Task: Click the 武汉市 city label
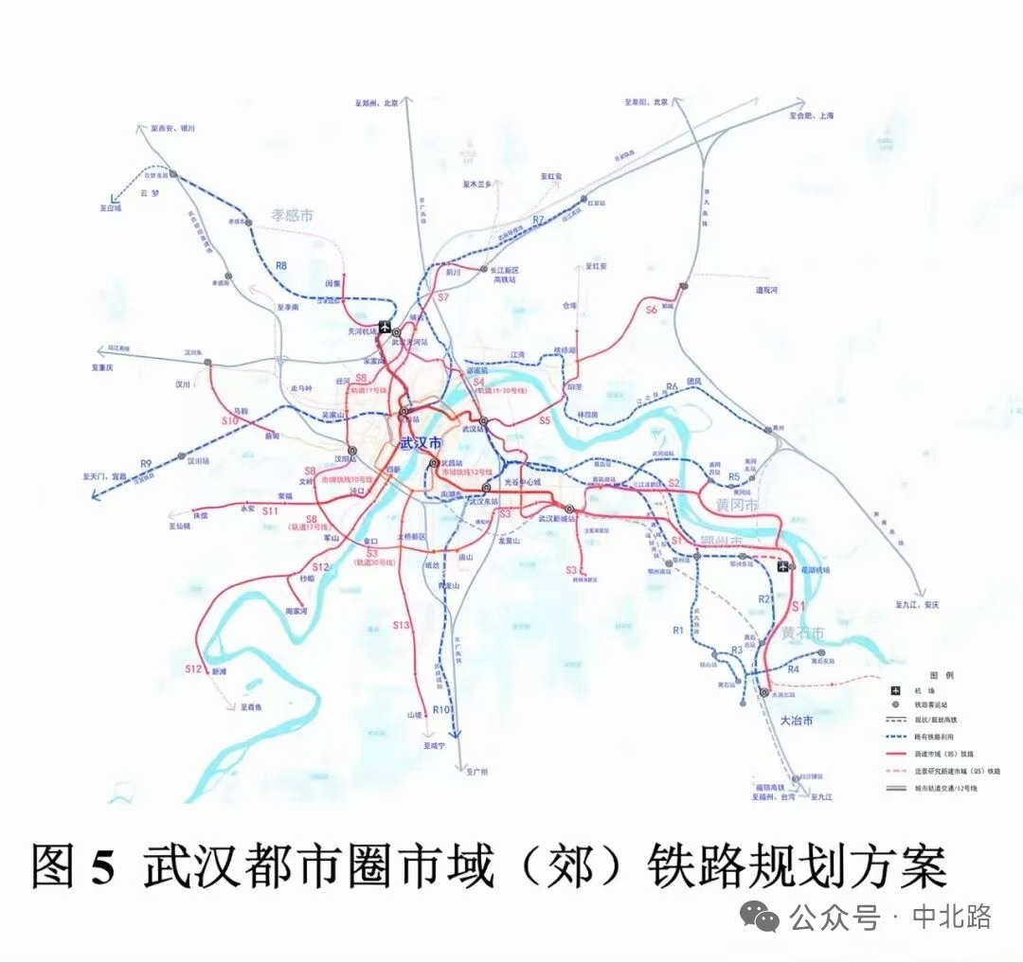(421, 443)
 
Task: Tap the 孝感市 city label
(292, 216)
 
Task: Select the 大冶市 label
(797, 721)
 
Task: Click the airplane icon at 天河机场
(386, 328)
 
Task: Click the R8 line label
(281, 266)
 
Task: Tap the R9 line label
(145, 463)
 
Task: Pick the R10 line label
(440, 709)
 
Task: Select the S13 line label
(401, 625)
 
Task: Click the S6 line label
(650, 310)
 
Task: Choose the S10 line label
(228, 419)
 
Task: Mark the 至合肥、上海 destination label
(812, 116)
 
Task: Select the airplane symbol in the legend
(897, 690)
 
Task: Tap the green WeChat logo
(761, 915)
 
